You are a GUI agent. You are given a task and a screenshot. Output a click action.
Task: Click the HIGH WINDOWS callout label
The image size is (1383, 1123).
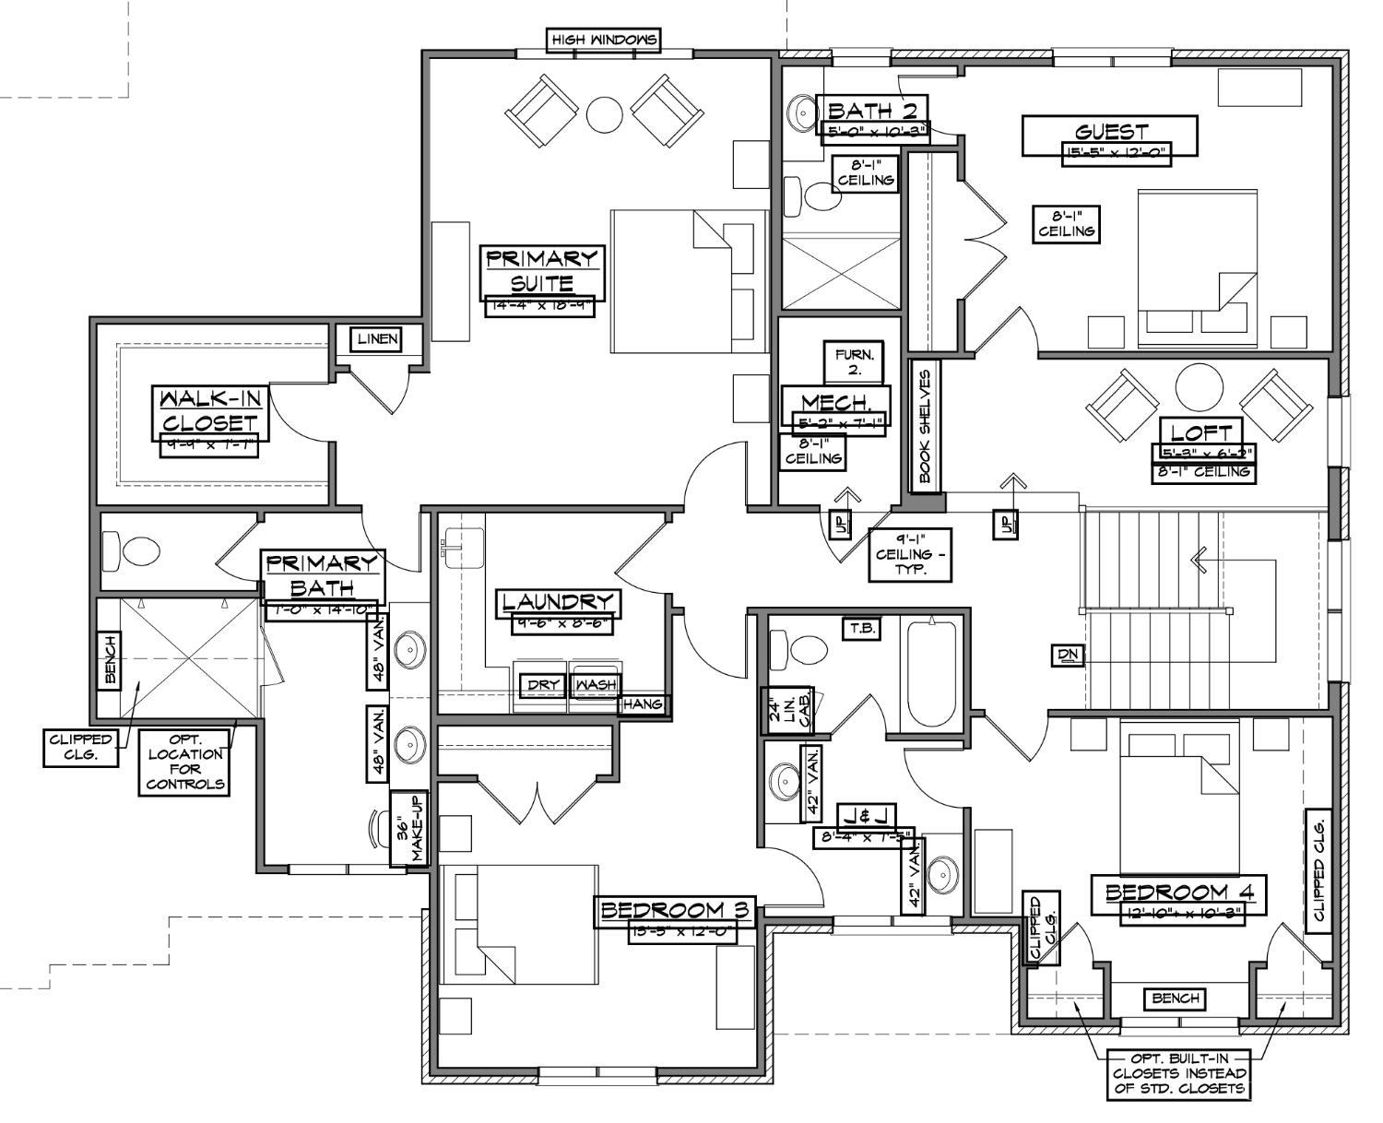click(604, 41)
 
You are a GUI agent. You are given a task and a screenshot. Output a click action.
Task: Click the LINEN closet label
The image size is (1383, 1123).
click(378, 339)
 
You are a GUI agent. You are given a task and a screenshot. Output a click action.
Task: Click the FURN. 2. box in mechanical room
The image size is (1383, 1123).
click(854, 361)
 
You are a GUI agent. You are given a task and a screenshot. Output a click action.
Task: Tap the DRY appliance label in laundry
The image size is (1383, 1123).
click(542, 685)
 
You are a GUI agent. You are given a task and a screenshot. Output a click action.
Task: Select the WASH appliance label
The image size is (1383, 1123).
click(595, 685)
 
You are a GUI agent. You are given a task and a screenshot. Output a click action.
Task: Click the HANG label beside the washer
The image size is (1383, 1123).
click(643, 704)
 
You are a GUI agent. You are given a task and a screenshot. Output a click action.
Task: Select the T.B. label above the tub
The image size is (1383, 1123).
click(862, 629)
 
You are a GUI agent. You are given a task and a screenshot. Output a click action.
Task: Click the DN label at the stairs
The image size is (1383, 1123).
click(1068, 656)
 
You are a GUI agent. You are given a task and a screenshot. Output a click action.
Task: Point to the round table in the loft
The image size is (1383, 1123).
click(1199, 387)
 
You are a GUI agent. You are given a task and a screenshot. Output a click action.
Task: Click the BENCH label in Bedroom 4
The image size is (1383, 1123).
click(1176, 998)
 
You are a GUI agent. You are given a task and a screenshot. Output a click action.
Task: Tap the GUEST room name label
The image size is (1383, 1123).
click(1110, 132)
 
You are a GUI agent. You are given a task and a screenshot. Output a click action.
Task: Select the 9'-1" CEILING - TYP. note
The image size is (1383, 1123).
click(911, 554)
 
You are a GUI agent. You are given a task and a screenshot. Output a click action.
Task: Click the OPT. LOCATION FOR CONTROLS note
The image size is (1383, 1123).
click(184, 762)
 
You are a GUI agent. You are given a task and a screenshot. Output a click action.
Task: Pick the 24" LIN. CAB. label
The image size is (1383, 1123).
click(786, 711)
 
